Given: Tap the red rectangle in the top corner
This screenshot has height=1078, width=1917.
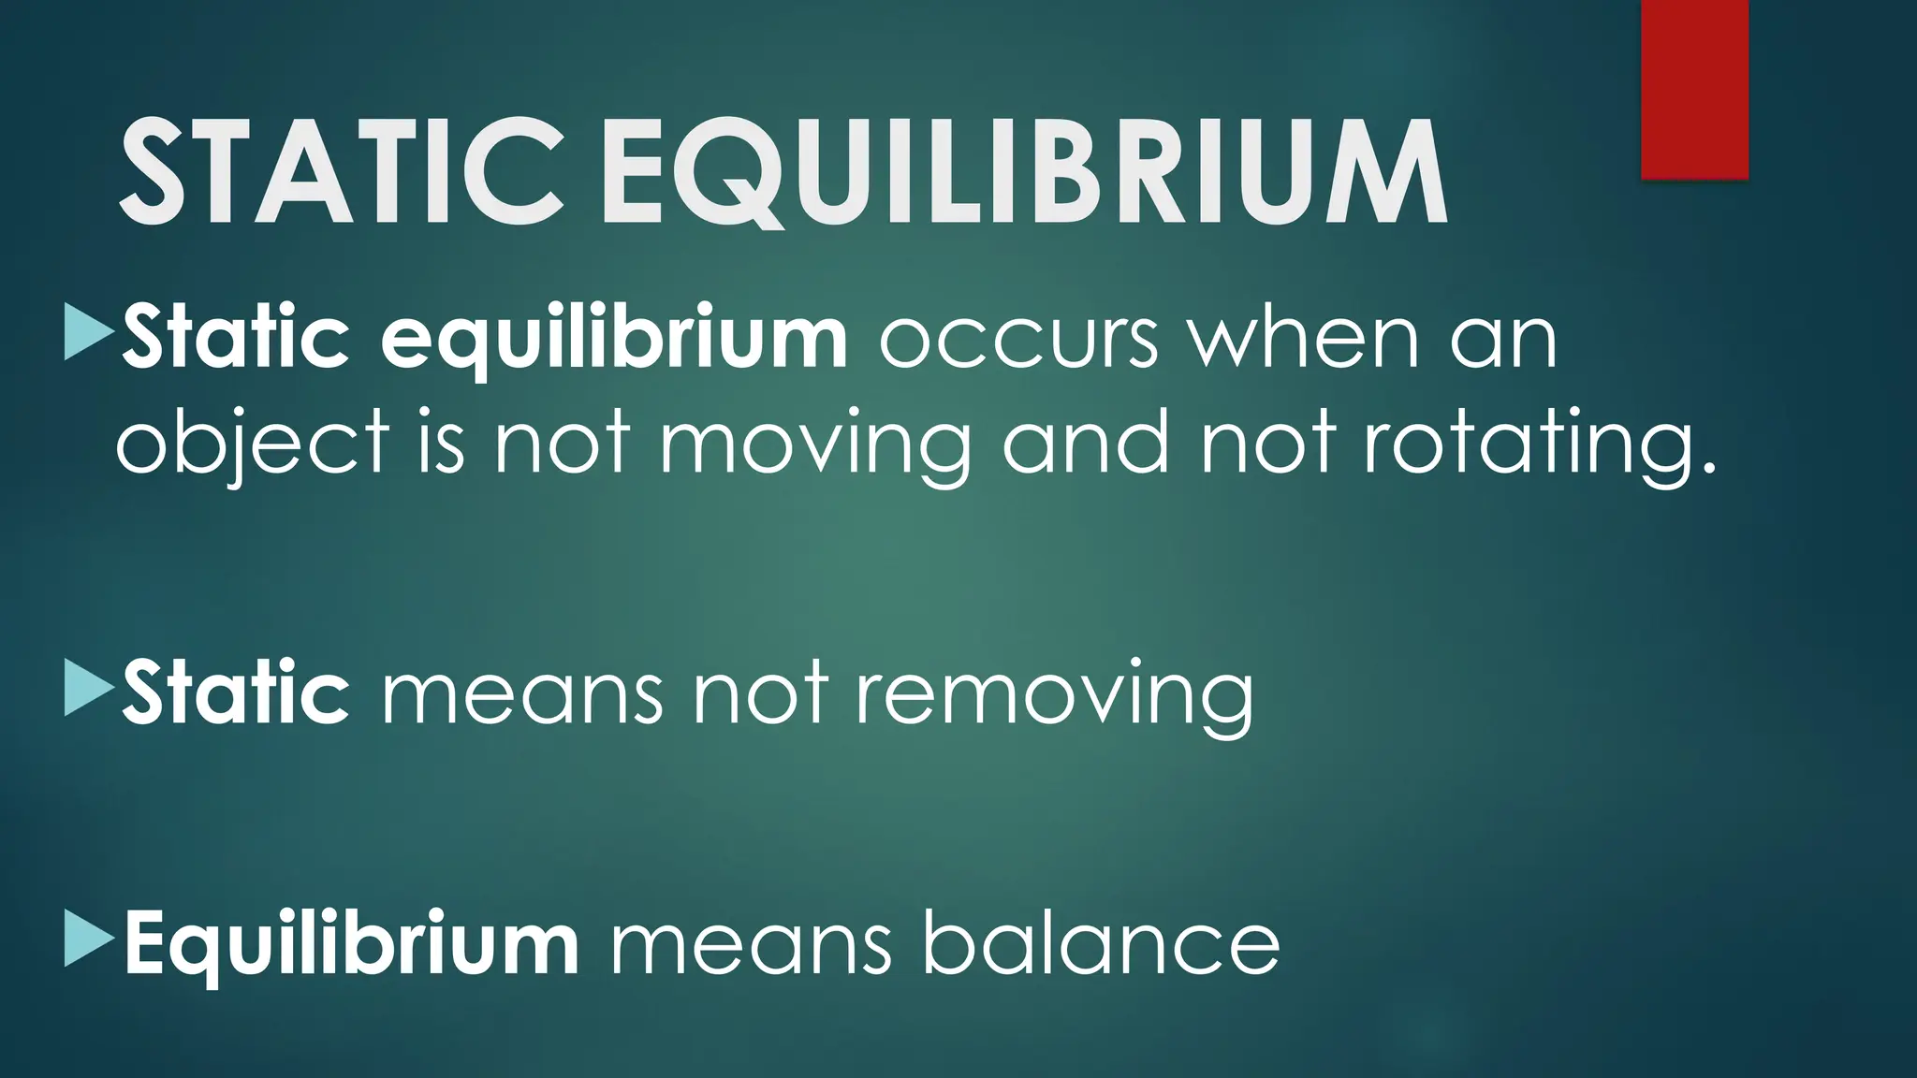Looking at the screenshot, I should tap(1694, 89).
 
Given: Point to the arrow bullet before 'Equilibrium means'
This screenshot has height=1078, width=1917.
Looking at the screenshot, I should tap(89, 940).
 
